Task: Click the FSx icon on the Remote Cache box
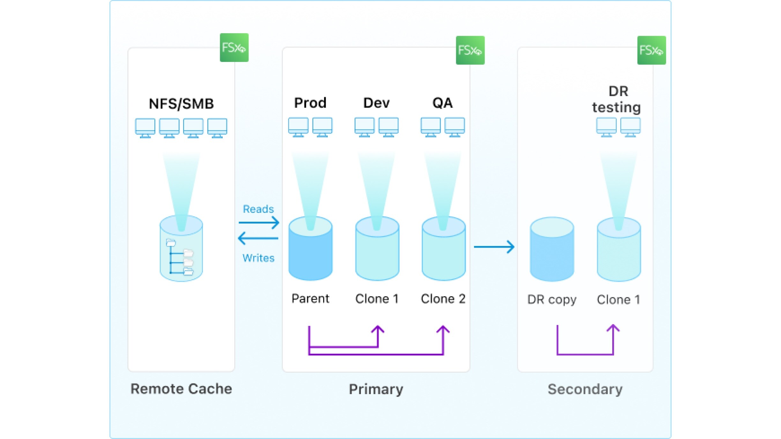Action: tap(234, 48)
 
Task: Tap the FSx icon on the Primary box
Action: tap(470, 50)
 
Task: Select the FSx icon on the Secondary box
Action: tap(651, 50)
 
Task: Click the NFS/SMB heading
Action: tap(181, 104)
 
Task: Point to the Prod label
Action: tap(310, 103)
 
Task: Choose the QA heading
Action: tap(442, 103)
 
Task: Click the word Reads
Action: tap(258, 209)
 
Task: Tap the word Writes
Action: tap(258, 258)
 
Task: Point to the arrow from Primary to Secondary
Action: tap(494, 247)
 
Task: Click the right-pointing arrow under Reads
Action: tap(259, 222)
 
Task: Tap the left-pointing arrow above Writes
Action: tap(258, 238)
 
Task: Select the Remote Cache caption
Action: tap(181, 389)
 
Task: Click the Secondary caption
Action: tap(585, 389)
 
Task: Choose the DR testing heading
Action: tap(617, 99)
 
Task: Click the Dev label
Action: tap(376, 103)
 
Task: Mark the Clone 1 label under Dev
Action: tap(377, 299)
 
